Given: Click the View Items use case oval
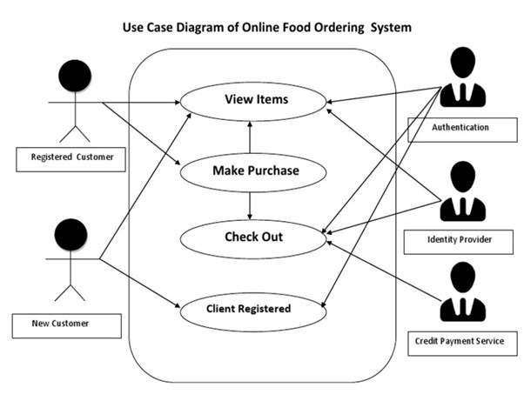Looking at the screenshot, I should pos(256,100).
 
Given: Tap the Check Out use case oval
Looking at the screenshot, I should pos(253,236).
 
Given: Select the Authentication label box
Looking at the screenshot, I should pos(460,127).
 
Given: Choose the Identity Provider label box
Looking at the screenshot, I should pos(460,237).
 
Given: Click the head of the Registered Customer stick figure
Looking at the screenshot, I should pos(75,77).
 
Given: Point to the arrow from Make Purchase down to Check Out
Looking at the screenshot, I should pos(250,204).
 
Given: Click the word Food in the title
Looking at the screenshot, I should pos(301,27).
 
